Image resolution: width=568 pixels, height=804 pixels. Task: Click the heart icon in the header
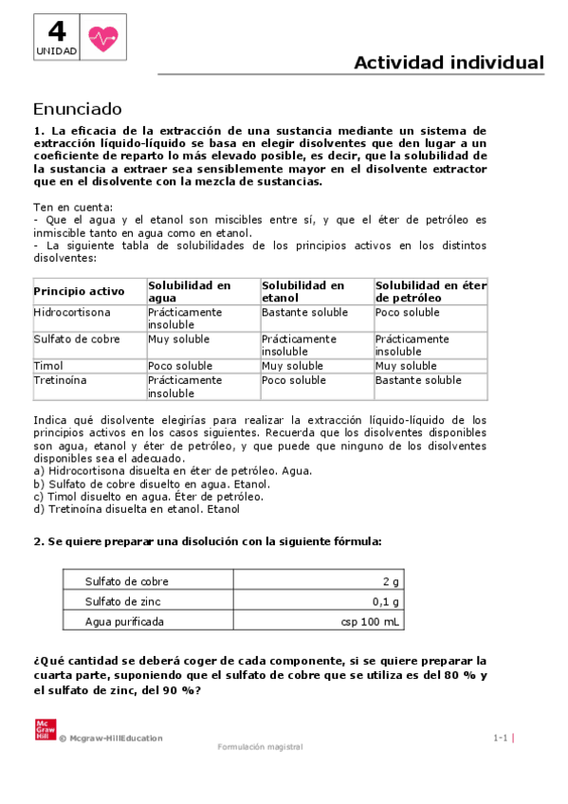(x=101, y=38)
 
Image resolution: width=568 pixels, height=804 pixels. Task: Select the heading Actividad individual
(x=449, y=63)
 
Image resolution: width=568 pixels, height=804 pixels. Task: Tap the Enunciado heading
(x=78, y=108)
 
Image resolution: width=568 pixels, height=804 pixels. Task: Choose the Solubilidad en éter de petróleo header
(x=430, y=291)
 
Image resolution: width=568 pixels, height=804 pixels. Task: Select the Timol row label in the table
(x=48, y=365)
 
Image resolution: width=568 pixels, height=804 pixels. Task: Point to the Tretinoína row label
(x=61, y=379)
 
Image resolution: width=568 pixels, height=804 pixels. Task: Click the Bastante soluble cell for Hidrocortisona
(x=304, y=312)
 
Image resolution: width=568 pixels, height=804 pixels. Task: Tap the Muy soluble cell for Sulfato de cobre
(x=179, y=338)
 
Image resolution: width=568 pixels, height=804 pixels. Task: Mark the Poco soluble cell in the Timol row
(x=180, y=365)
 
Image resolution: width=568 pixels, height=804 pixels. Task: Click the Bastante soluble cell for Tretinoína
(x=418, y=379)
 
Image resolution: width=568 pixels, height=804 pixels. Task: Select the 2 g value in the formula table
(x=391, y=581)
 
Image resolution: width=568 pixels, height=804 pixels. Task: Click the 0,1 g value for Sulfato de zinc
(x=386, y=601)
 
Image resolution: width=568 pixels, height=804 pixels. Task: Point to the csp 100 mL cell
(x=371, y=622)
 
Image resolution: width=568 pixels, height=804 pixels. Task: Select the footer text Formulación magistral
(x=260, y=747)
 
